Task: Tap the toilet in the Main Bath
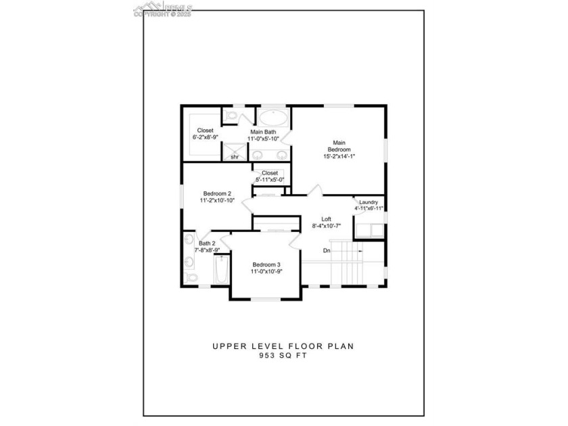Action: [x=231, y=118]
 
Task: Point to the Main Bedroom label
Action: [x=339, y=146]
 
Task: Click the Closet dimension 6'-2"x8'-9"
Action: [x=205, y=137]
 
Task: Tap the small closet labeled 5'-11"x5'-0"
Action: [x=269, y=176]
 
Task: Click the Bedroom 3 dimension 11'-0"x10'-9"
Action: [x=266, y=271]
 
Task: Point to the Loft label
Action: [x=326, y=219]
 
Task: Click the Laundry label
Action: [x=369, y=202]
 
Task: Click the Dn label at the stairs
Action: [x=327, y=251]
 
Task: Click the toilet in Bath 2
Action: [x=190, y=277]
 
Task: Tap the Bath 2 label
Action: [x=207, y=243]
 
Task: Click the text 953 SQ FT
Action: [x=283, y=356]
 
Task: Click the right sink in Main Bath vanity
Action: [x=279, y=155]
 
